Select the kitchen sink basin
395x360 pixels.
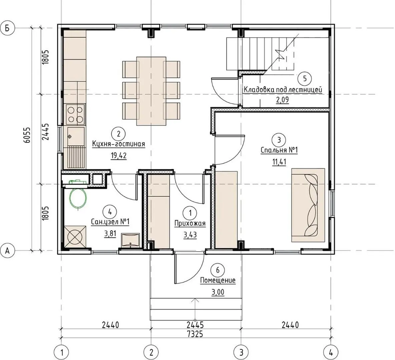76,137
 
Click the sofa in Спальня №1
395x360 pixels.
308,205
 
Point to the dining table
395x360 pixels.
151,91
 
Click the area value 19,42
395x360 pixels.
118,156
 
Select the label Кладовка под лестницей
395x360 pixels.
283,89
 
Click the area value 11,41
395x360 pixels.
279,161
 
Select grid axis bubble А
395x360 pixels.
7,251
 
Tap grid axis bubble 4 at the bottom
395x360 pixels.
331,353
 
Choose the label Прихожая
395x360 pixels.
190,223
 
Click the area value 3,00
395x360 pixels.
218,292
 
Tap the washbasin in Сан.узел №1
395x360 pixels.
130,240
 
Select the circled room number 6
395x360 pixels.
218,270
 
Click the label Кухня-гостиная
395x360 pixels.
118,144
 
